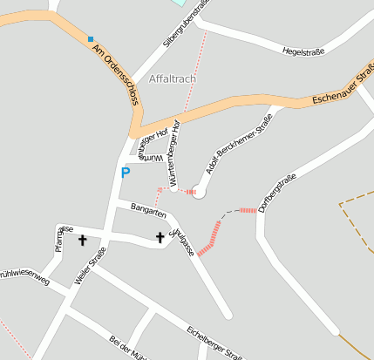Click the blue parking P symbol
125,173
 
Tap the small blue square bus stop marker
90,38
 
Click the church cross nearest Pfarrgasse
83,240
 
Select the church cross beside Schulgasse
160,237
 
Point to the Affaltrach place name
173,78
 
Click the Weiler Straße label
90,265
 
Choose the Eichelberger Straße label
214,343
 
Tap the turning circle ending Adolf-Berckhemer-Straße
199,192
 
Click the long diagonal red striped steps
210,238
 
